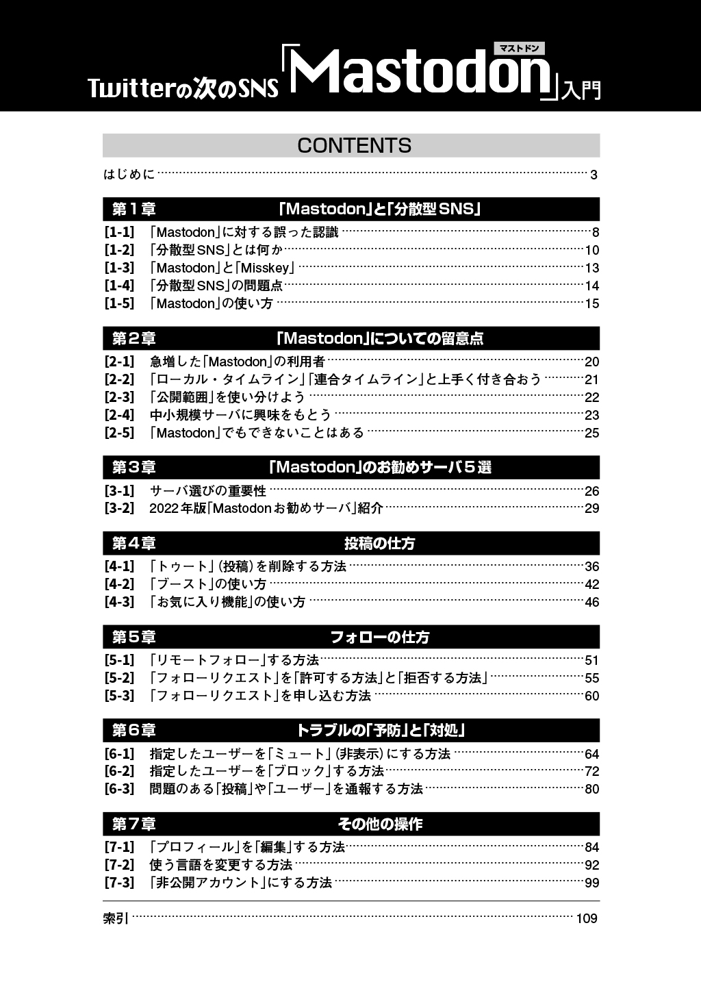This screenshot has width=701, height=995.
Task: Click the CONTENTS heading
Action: pyautogui.click(x=354, y=145)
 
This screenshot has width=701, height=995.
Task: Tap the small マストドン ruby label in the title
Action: pyautogui.click(x=520, y=48)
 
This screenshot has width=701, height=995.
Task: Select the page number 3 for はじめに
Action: pyautogui.click(x=594, y=175)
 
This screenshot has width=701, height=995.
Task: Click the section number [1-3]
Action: pyautogui.click(x=119, y=268)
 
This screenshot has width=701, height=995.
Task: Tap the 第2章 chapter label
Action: pyautogui.click(x=134, y=338)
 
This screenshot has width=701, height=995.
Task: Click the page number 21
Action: pyautogui.click(x=591, y=380)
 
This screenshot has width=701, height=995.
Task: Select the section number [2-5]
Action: pyautogui.click(x=119, y=433)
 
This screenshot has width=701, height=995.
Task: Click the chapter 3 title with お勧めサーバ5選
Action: pyautogui.click(x=381, y=468)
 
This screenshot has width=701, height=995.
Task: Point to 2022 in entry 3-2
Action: pyautogui.click(x=163, y=508)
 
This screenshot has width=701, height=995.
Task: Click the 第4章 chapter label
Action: pyautogui.click(x=134, y=544)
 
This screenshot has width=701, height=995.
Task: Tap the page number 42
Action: pyautogui.click(x=591, y=585)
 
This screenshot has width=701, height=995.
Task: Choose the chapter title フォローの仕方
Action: pyautogui.click(x=380, y=638)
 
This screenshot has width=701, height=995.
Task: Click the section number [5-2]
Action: pyautogui.click(x=119, y=678)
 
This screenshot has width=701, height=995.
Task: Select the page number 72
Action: pyautogui.click(x=591, y=772)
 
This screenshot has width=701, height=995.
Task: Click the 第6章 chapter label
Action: pyautogui.click(x=134, y=731)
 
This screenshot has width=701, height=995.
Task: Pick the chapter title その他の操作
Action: pyautogui.click(x=380, y=824)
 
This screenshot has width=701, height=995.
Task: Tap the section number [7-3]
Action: pyautogui.click(x=119, y=883)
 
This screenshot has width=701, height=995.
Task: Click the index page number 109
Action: pyautogui.click(x=587, y=919)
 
